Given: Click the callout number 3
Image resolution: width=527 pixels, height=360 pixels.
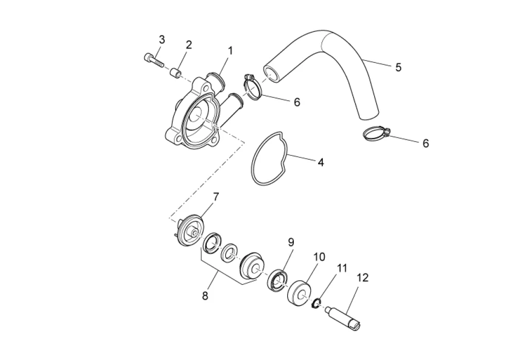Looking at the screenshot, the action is [x=162, y=40].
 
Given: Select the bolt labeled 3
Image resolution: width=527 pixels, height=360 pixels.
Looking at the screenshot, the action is [x=152, y=60].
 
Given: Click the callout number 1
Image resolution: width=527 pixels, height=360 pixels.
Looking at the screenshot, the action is [x=230, y=50].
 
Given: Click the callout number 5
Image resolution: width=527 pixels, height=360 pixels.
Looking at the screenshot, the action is [x=398, y=67].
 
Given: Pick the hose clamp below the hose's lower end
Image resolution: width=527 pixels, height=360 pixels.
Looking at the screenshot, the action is [x=376, y=134].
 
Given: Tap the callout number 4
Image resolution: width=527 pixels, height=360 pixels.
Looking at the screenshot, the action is [x=320, y=162].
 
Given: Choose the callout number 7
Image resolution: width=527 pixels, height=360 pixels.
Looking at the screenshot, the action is [x=216, y=196].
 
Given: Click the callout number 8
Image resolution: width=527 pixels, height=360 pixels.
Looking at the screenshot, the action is [x=205, y=296].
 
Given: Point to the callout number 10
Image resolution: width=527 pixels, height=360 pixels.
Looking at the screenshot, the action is [x=319, y=257].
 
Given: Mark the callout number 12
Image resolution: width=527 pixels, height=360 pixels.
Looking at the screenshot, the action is [x=362, y=278].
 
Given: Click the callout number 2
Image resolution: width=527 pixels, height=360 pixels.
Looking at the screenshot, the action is [x=188, y=45].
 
